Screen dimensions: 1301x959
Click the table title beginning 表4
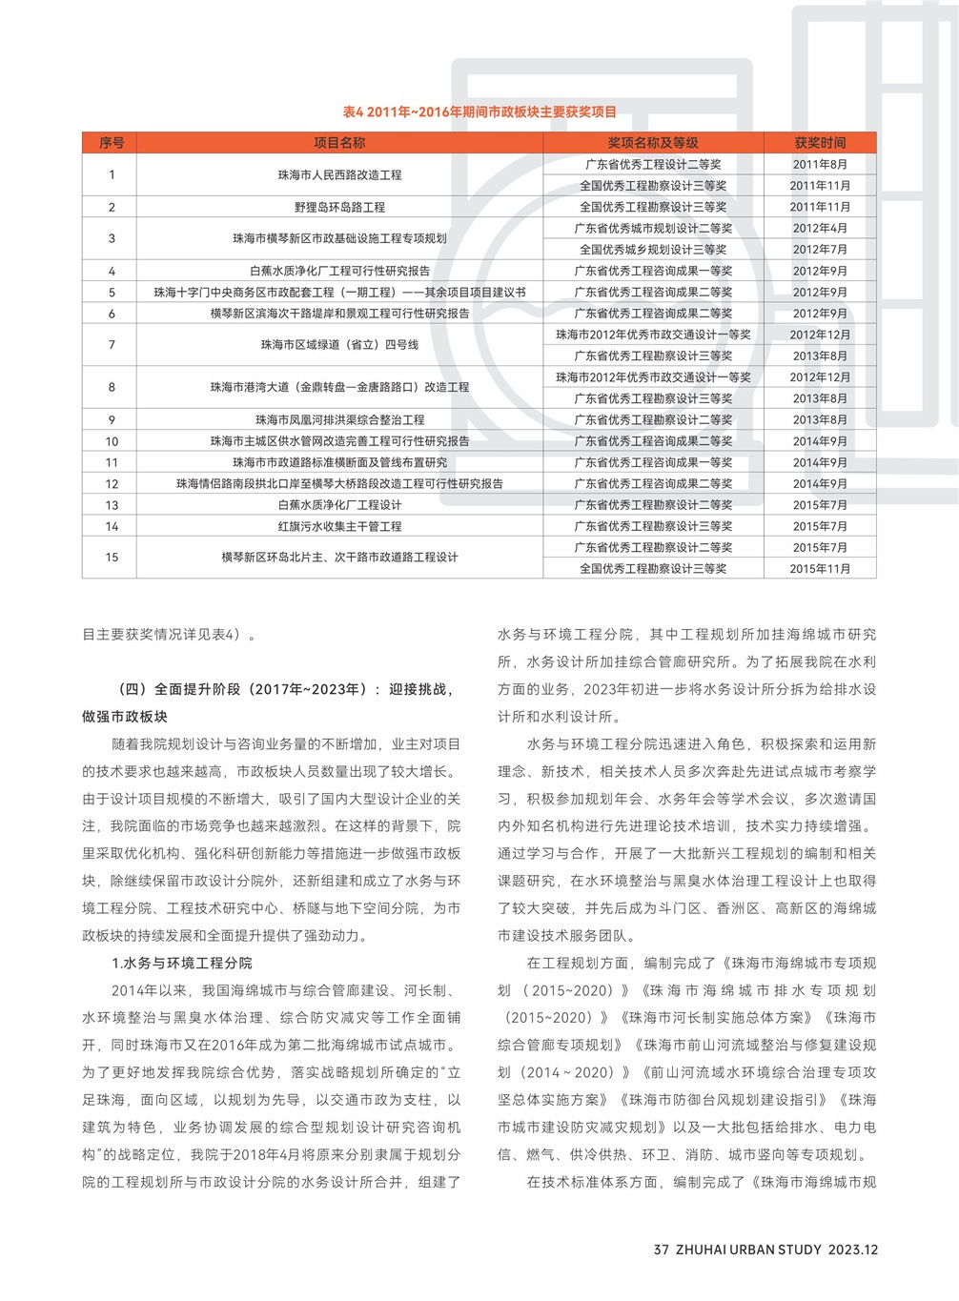click(x=479, y=112)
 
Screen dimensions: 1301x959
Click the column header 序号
click(x=111, y=143)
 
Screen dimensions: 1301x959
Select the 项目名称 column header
click(x=339, y=143)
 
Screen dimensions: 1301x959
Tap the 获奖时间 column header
click(x=820, y=143)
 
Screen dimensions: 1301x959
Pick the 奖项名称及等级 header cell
click(x=653, y=143)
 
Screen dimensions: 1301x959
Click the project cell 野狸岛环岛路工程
click(x=339, y=207)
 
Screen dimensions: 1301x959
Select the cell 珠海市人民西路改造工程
click(x=339, y=175)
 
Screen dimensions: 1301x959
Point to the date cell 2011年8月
click(x=820, y=164)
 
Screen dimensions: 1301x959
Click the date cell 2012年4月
click(x=820, y=228)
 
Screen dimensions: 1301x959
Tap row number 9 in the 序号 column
click(x=112, y=419)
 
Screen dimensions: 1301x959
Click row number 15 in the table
click(x=112, y=558)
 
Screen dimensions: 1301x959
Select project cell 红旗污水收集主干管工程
click(x=339, y=526)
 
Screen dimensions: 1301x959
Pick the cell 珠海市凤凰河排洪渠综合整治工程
click(x=339, y=419)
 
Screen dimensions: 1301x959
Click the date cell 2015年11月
click(x=820, y=569)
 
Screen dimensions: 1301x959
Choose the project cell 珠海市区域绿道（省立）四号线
click(x=339, y=345)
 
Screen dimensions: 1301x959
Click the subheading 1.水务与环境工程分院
click(x=182, y=964)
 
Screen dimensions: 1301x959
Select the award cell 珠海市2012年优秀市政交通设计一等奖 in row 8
click(x=653, y=377)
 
